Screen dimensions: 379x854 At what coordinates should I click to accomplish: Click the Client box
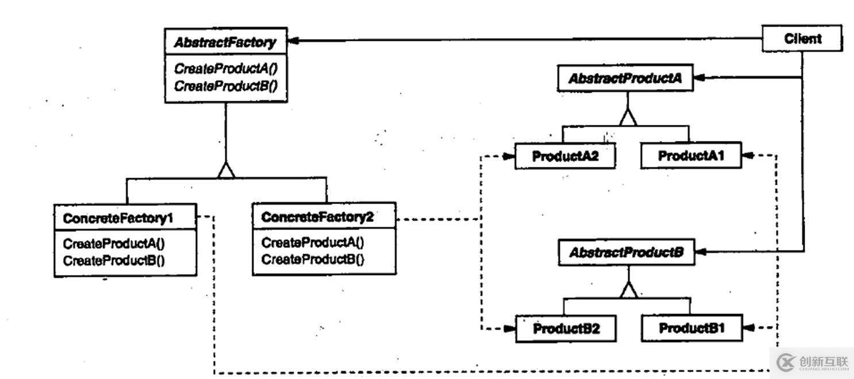802,39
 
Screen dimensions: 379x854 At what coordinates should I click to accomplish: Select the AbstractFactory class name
225,43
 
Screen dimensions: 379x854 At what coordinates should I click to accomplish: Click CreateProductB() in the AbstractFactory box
225,86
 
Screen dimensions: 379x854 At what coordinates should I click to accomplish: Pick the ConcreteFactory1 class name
118,219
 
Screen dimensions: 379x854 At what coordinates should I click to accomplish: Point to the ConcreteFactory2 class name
317,217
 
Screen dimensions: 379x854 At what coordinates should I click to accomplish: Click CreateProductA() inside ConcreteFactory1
114,243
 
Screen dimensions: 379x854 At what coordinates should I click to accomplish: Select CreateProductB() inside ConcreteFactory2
313,259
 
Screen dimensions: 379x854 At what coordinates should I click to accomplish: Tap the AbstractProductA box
625,79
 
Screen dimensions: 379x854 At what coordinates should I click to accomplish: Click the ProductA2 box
566,156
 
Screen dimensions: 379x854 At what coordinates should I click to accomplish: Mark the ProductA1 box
691,156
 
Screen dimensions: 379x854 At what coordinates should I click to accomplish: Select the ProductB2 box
566,329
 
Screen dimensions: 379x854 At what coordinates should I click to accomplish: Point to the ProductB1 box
691,328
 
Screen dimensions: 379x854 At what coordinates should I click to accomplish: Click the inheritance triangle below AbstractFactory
226,170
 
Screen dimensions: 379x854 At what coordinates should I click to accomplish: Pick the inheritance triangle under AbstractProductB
628,291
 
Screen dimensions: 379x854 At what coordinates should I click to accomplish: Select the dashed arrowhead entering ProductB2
509,329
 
